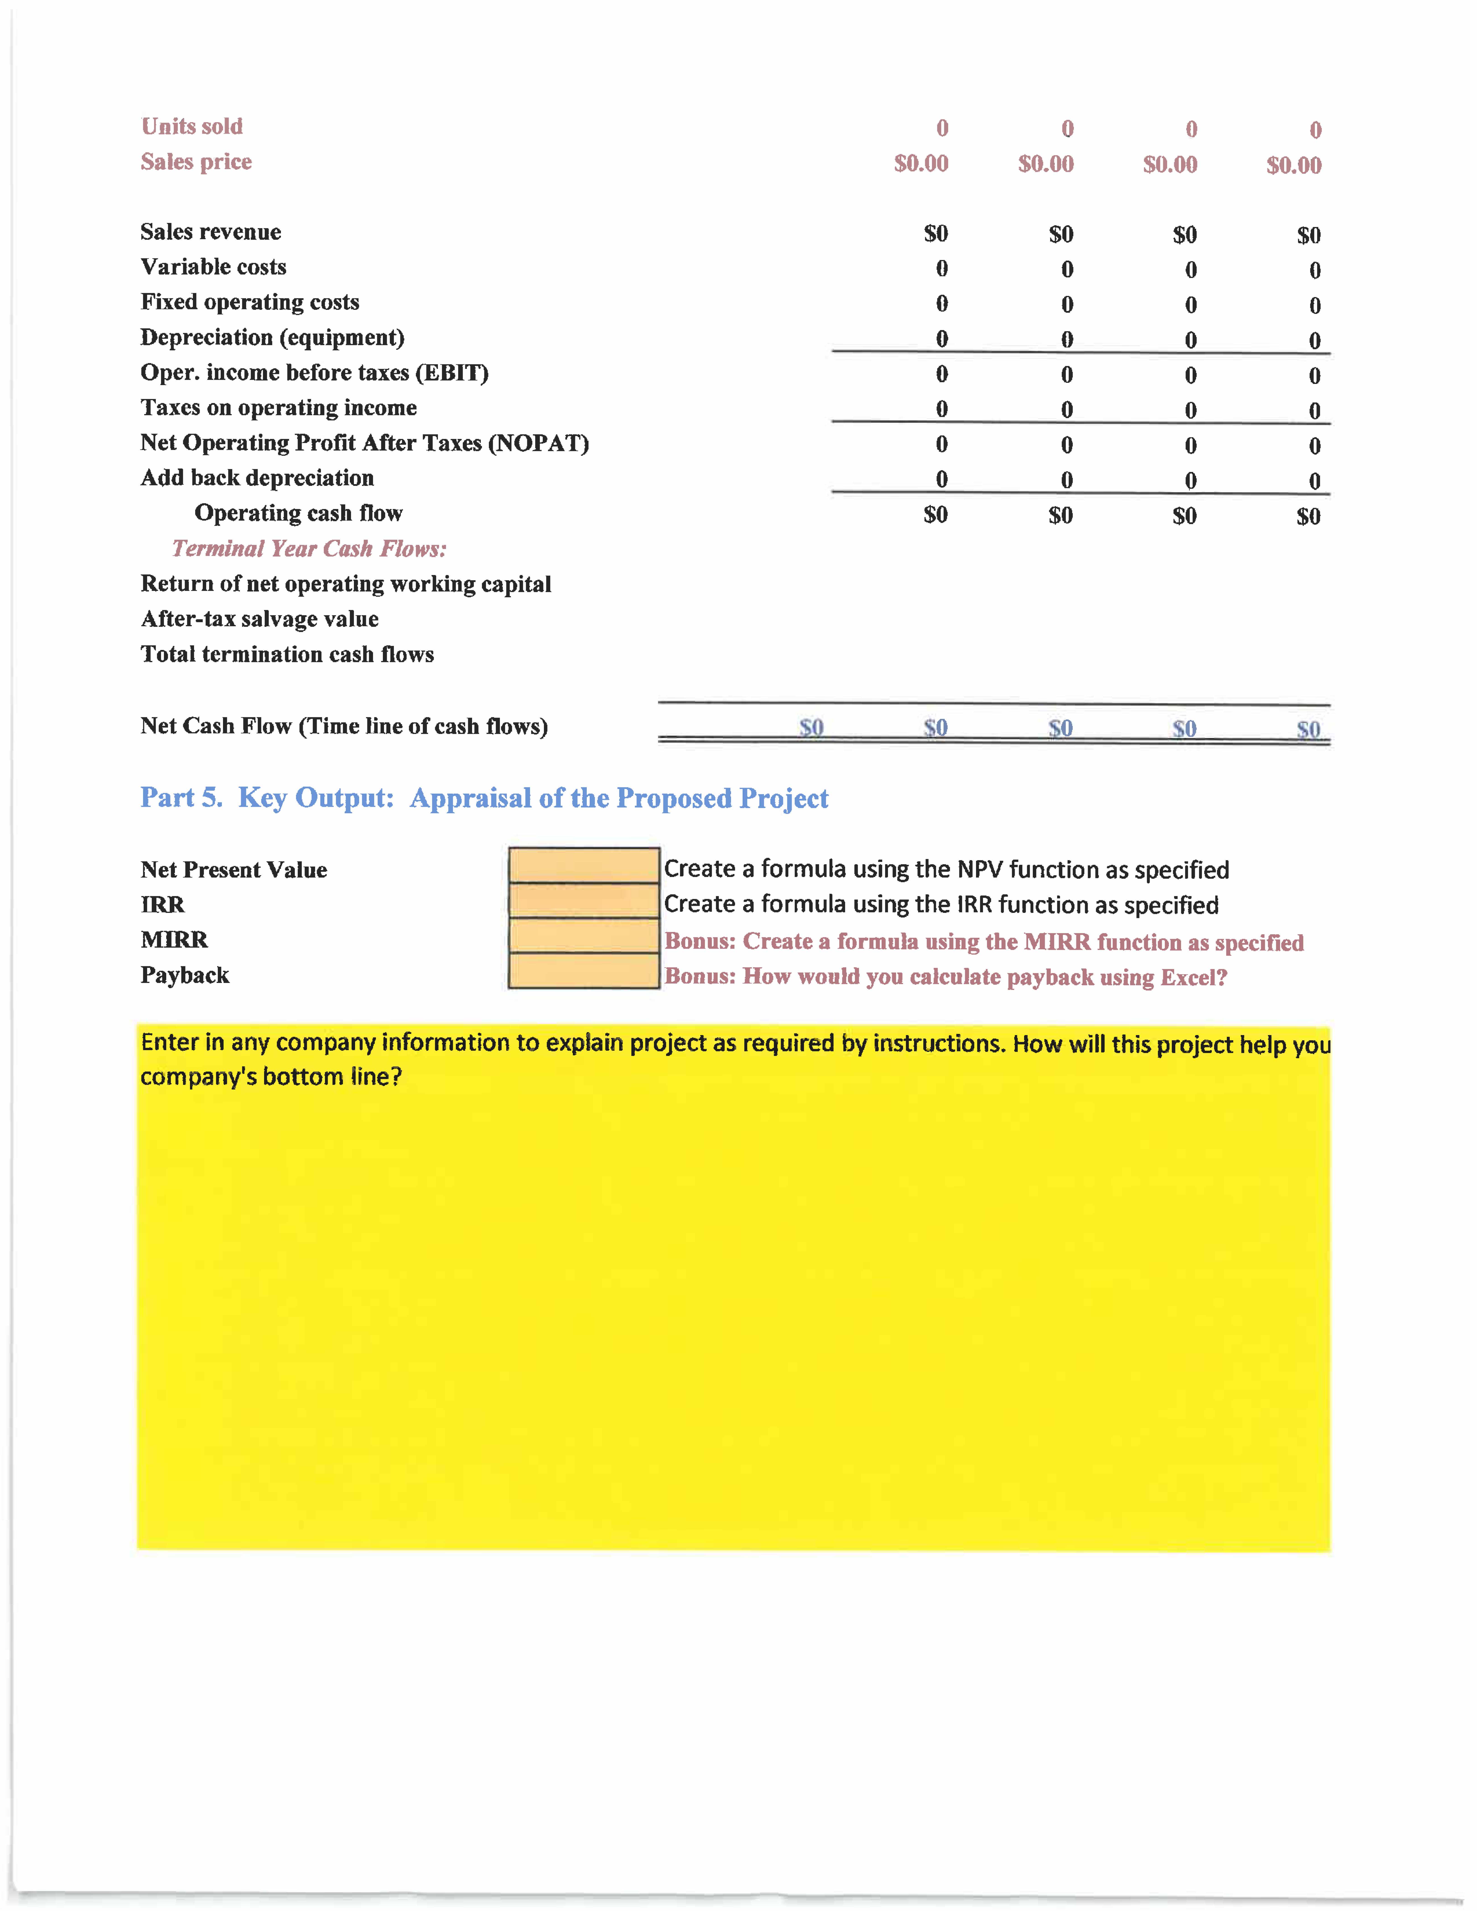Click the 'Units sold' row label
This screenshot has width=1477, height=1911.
click(x=192, y=127)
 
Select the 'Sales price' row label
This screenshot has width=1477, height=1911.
click(x=196, y=162)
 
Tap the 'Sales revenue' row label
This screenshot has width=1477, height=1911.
click(x=211, y=232)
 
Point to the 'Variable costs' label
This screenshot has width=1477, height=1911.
click(x=213, y=267)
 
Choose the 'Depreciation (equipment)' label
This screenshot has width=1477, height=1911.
click(x=272, y=338)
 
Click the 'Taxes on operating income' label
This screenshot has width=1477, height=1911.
click(x=278, y=408)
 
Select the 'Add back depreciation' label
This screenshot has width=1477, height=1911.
click(x=257, y=478)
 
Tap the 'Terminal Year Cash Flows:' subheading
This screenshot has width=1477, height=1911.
click(x=309, y=549)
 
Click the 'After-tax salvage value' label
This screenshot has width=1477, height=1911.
click(x=260, y=619)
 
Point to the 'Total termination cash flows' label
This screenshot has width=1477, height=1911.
click(x=287, y=655)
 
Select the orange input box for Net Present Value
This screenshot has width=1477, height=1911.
click(x=584, y=865)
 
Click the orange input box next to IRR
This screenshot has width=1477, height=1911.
click(x=584, y=900)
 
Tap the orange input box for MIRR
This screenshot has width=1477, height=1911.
click(x=584, y=935)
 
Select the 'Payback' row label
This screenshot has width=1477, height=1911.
click(x=185, y=976)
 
